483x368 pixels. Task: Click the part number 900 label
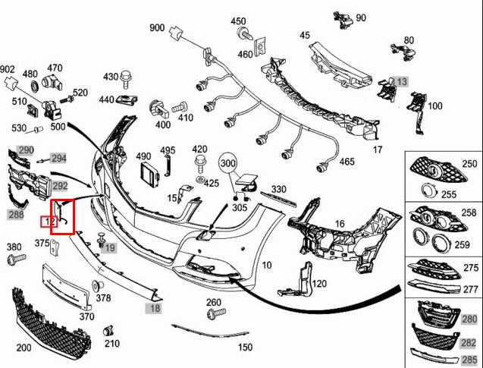[157, 28]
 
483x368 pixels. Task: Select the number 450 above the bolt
[238, 21]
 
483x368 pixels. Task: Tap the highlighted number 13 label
[400, 81]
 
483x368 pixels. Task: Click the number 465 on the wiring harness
[347, 162]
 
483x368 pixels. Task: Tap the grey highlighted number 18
[154, 309]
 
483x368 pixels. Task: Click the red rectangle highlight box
[61, 217]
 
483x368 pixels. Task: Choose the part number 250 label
[469, 164]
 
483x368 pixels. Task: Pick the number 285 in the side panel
[469, 359]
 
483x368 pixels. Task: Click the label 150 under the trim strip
[245, 347]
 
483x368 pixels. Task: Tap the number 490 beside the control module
[143, 156]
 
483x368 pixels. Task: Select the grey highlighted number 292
[60, 184]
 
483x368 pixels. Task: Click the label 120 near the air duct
[318, 284]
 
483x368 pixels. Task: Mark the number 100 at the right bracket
[434, 105]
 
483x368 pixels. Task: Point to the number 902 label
[7, 69]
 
